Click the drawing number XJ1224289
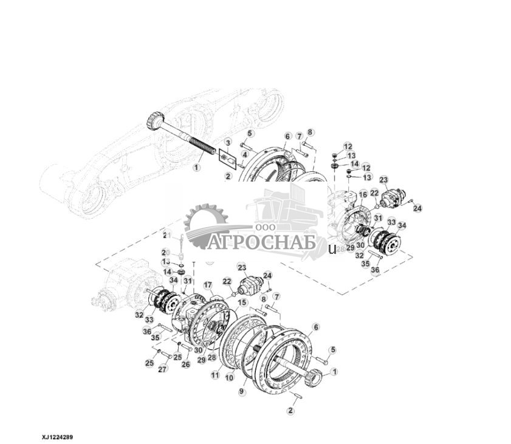tap(58, 436)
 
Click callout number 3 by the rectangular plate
tap(228, 142)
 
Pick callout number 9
tap(241, 392)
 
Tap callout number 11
tap(214, 376)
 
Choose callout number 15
tap(241, 302)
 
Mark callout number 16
tap(363, 194)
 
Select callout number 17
tap(207, 284)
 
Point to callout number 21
tap(165, 234)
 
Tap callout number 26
tap(186, 364)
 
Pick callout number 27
tap(162, 369)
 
